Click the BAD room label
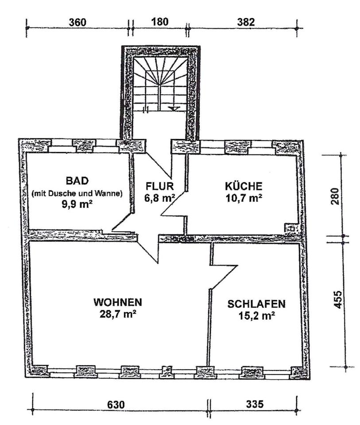[x=77, y=181]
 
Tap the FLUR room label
[x=160, y=186]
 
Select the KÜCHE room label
[x=244, y=186]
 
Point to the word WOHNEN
[x=117, y=302]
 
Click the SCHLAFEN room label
[x=256, y=304]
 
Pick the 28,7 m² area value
[x=118, y=314]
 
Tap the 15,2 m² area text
[x=257, y=316]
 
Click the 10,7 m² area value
[x=244, y=198]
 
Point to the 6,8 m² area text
[x=159, y=198]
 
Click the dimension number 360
[x=77, y=22]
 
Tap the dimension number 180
[x=160, y=22]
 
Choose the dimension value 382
[x=246, y=22]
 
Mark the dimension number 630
[x=116, y=405]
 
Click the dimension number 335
[x=255, y=404]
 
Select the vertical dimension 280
[x=334, y=197]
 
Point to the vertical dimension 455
[x=337, y=300]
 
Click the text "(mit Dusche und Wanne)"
[x=77, y=193]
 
